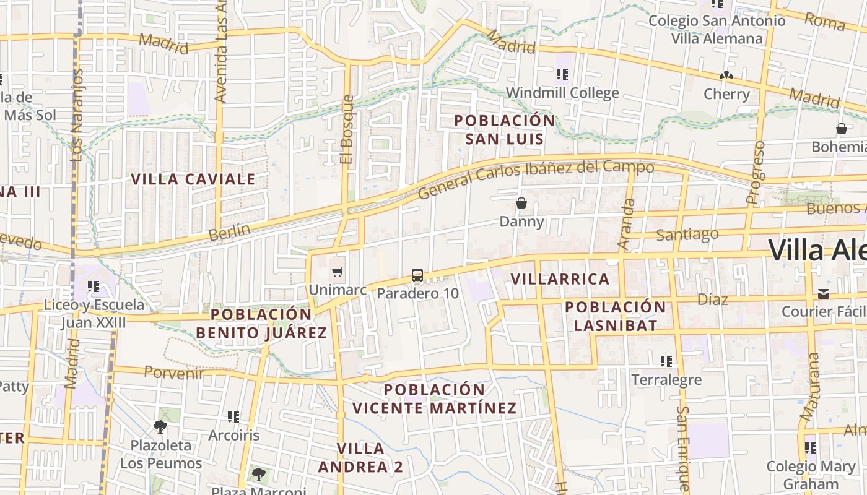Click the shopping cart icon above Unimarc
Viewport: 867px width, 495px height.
[338, 272]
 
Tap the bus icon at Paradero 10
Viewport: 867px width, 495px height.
[417, 275]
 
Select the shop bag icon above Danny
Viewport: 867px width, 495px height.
[521, 203]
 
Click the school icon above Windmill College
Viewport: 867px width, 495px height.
[562, 75]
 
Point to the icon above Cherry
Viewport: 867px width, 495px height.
[726, 76]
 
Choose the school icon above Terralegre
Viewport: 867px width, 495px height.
[666, 361]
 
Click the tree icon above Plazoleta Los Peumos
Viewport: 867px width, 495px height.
[160, 426]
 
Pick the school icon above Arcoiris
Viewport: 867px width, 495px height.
[233, 417]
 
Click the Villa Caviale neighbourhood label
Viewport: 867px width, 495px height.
[193, 179]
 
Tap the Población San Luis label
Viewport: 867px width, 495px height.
[505, 129]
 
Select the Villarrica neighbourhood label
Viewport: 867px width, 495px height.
[560, 279]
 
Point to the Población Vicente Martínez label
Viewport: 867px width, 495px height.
[435, 399]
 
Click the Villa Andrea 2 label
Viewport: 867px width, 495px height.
[360, 457]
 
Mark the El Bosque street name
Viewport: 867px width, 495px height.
[347, 129]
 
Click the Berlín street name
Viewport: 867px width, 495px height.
[229, 233]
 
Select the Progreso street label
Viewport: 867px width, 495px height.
[756, 172]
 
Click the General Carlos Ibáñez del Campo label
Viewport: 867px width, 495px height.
[536, 179]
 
